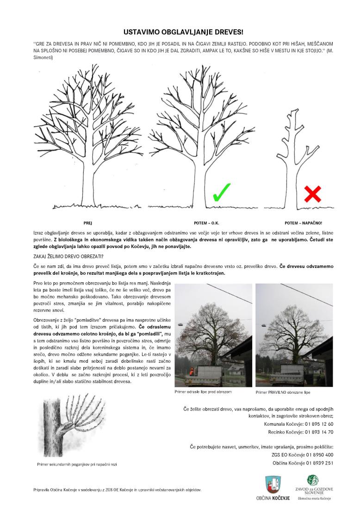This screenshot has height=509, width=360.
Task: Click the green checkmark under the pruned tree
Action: pyautogui.click(x=222, y=192)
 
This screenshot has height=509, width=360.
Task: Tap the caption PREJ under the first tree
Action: pyautogui.click(x=87, y=223)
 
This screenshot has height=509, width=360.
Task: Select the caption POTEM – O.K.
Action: pyautogui.click(x=206, y=223)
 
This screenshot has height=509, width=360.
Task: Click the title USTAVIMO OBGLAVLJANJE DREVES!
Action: pyautogui.click(x=180, y=32)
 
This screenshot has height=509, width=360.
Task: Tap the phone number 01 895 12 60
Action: pyautogui.click(x=319, y=424)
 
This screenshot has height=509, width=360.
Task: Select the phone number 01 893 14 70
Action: pyautogui.click(x=319, y=432)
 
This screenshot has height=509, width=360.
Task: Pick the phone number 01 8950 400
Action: pyautogui.click(x=319, y=455)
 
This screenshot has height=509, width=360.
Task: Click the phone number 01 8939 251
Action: pyautogui.click(x=319, y=463)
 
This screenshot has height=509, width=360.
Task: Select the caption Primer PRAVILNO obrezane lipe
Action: pyautogui.click(x=283, y=392)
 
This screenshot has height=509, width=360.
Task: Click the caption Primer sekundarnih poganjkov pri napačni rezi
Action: pyautogui.click(x=77, y=464)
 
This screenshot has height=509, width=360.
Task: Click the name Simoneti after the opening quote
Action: pyautogui.click(x=43, y=57)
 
